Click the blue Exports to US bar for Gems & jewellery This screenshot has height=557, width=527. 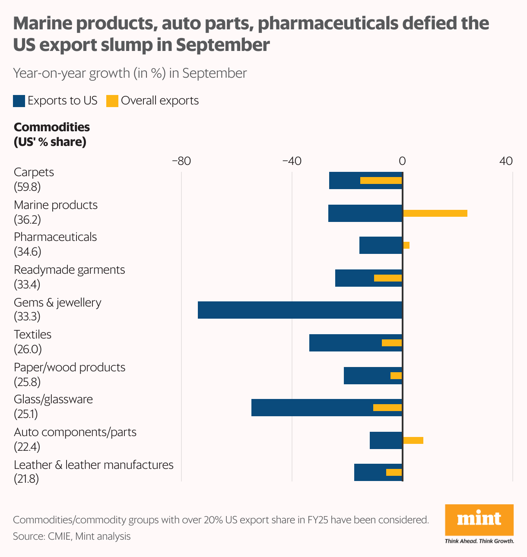point(300,310)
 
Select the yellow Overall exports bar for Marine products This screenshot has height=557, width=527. point(435,213)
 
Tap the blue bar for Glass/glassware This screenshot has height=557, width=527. point(311,408)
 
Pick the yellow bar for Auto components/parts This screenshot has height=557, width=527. point(413,440)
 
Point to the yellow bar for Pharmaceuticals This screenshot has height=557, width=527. point(406,245)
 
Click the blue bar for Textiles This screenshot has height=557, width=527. point(346,343)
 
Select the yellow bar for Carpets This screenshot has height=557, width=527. point(381,180)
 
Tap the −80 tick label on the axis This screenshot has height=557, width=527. point(181,161)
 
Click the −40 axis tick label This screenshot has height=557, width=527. point(292,161)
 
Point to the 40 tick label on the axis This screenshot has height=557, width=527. point(506,161)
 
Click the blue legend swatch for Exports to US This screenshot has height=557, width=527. point(19,101)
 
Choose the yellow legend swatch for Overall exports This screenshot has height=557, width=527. point(112,101)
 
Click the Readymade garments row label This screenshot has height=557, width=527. point(69,270)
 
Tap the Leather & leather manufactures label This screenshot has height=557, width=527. point(93,465)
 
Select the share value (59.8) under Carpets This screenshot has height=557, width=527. point(27,187)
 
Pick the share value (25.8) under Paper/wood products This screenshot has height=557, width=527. point(27,382)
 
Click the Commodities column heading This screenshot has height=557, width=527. point(52,127)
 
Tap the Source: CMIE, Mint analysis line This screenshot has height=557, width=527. point(72,536)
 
